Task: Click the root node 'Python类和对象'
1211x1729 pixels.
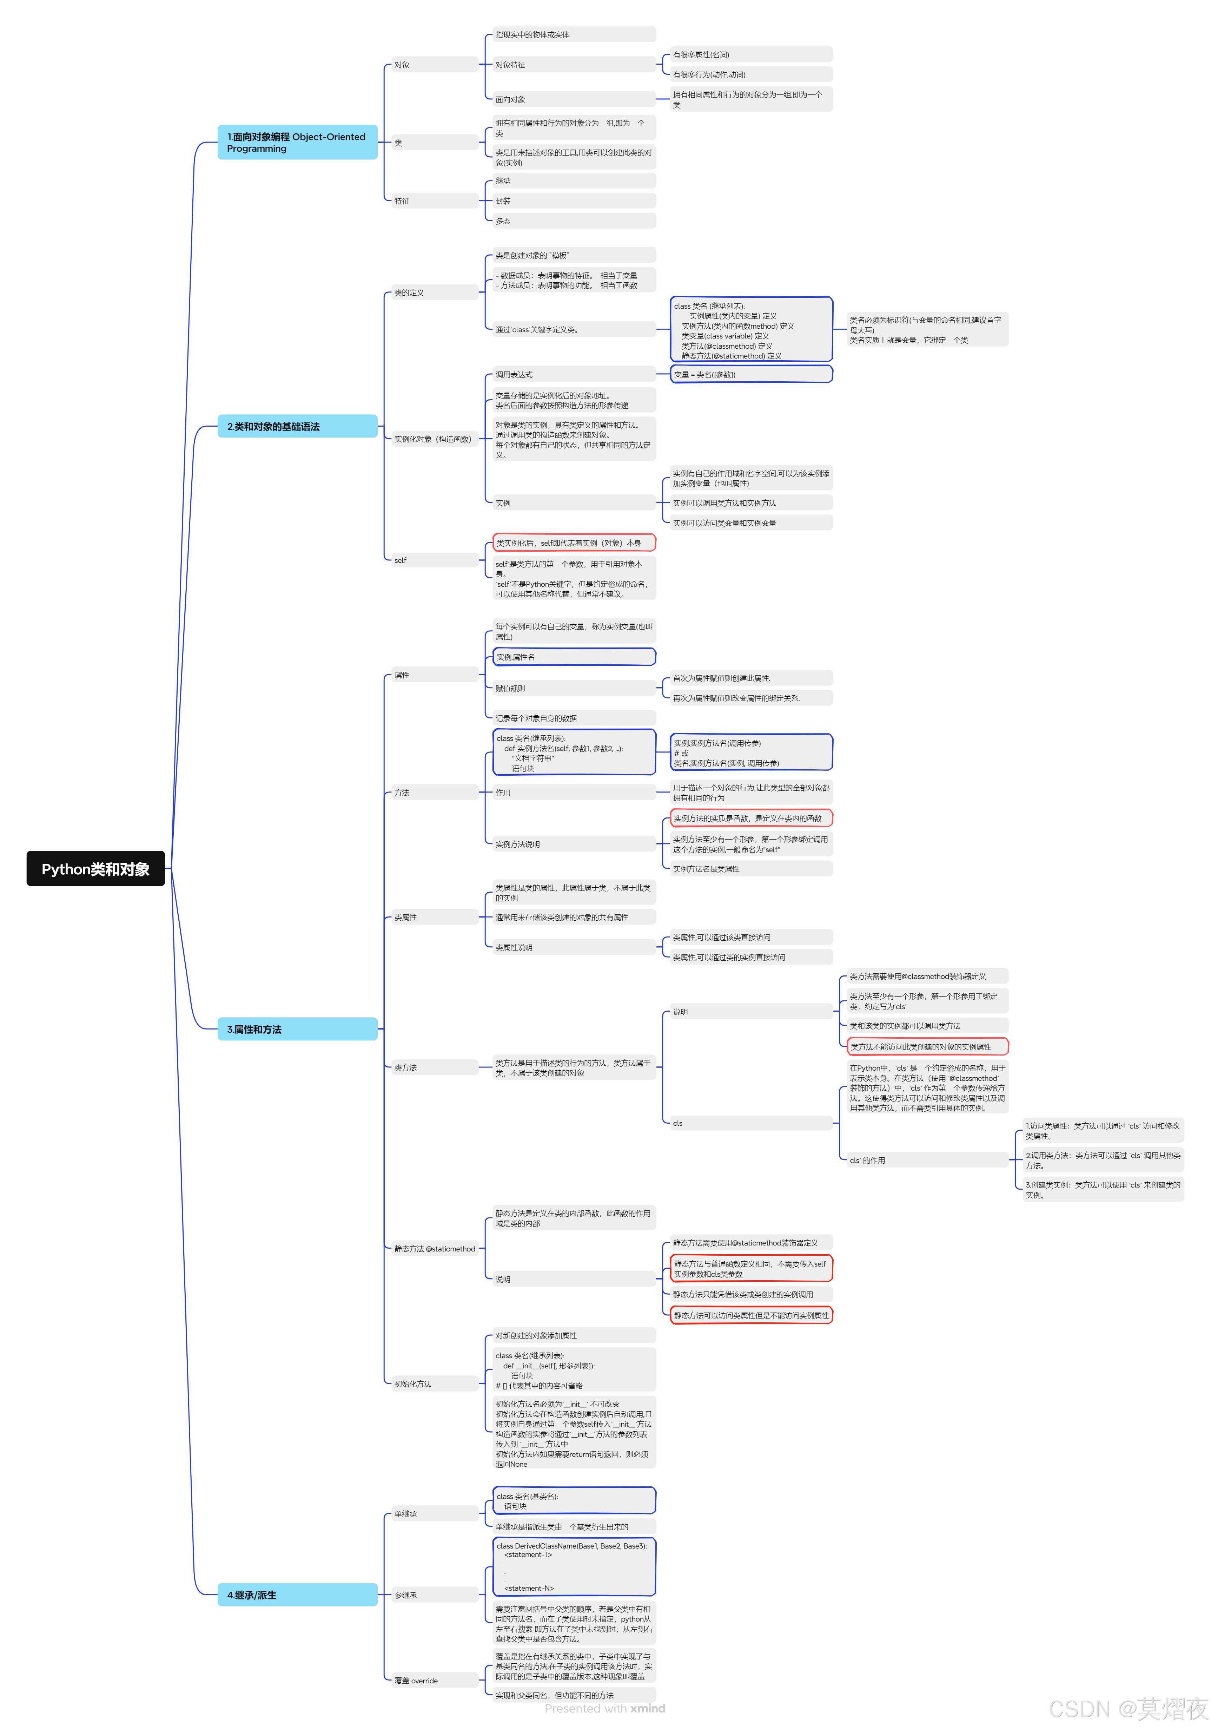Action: tap(95, 869)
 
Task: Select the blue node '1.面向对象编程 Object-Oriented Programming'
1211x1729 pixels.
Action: tap(297, 142)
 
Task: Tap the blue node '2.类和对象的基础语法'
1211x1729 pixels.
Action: tap(297, 426)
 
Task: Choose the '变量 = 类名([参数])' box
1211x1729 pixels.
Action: tap(751, 374)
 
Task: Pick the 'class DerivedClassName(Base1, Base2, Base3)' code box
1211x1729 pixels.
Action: tap(574, 1566)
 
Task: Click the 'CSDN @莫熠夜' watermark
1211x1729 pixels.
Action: tap(1127, 1708)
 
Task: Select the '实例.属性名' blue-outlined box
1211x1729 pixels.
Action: tap(574, 657)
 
